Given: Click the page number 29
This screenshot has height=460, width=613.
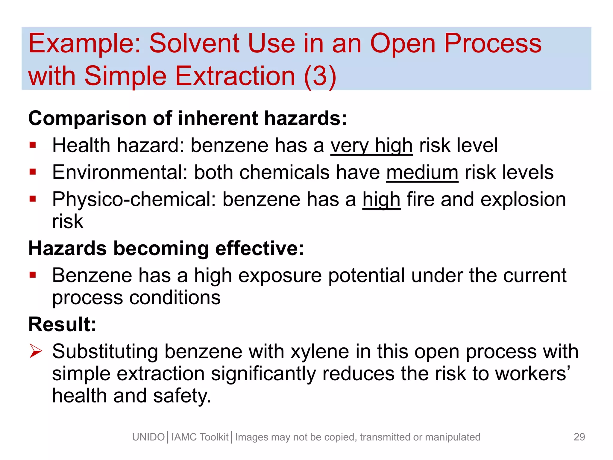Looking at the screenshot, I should [579, 437].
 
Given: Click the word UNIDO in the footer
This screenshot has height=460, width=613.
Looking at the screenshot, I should [148, 437].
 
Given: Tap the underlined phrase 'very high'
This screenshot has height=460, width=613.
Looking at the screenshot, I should [371, 146].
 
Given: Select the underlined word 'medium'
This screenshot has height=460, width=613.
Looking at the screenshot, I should [422, 173].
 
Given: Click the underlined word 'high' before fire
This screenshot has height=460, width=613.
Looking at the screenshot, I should [381, 200].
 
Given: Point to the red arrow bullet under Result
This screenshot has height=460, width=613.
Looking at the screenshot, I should [36, 351].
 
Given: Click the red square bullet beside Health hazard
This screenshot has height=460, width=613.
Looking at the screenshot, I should [33, 145].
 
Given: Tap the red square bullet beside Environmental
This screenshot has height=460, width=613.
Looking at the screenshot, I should [33, 172].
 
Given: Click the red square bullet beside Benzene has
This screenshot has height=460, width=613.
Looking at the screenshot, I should [33, 275].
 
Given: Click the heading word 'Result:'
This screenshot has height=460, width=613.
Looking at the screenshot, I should [62, 324].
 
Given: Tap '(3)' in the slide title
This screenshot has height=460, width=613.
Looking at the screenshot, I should [320, 76].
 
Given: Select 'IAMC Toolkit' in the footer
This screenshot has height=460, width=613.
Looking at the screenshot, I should [200, 437].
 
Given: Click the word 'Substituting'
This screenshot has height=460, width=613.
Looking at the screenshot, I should [105, 352].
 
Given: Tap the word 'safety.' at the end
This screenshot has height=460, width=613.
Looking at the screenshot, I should [182, 396].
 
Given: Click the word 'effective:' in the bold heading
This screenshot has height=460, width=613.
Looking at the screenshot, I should [260, 249].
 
